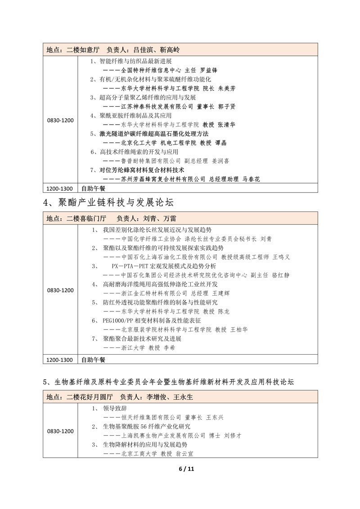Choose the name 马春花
(x=251, y=179)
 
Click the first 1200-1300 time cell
(x=60, y=188)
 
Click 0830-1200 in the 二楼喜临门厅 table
(x=60, y=290)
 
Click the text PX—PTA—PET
(x=127, y=266)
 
